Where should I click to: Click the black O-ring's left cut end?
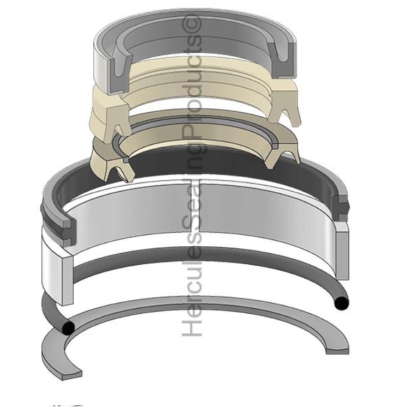click(68, 327)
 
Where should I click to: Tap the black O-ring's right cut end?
click(340, 303)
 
